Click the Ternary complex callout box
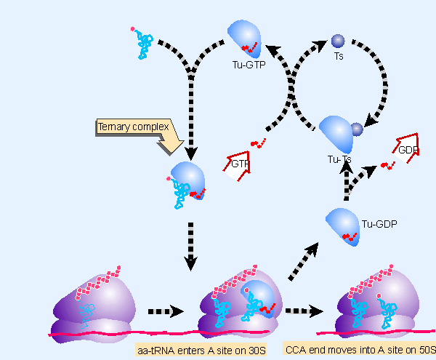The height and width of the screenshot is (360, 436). tap(133, 127)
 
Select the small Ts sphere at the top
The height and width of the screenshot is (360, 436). tap(337, 41)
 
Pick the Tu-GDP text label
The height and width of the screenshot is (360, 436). tap(376, 224)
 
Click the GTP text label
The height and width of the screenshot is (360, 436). tap(241, 164)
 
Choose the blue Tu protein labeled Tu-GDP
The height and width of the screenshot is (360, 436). tap(342, 226)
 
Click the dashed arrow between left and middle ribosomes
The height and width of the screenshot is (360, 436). tap(165, 311)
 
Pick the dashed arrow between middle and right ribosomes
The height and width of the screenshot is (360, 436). tap(303, 311)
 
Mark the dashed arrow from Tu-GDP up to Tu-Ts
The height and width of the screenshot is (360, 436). tap(347, 185)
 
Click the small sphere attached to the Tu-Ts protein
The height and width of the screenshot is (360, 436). tap(356, 129)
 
